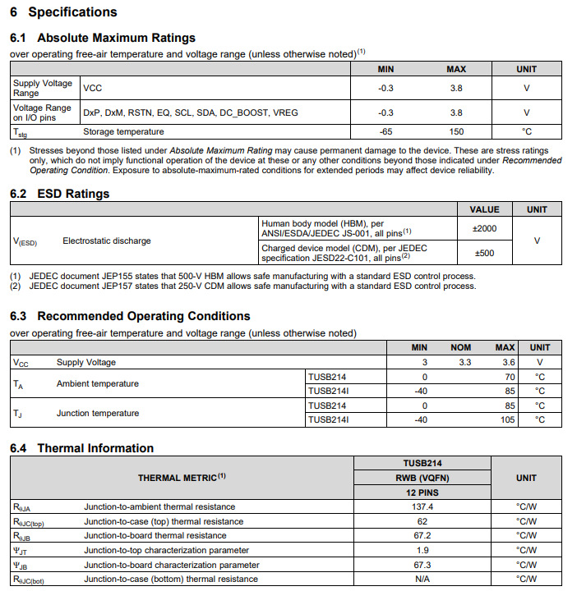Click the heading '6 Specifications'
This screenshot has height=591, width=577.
pos(63,12)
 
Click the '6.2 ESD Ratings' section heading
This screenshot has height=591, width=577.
pos(59,194)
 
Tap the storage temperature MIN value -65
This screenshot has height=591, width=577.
pos(385,131)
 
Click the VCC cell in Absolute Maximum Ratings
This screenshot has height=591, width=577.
pos(93,88)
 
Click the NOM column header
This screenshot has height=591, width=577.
pos(461,347)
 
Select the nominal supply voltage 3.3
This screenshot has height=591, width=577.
pos(464,362)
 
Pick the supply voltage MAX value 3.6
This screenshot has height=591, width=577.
pos(508,362)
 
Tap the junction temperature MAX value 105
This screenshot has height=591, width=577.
pos(507,419)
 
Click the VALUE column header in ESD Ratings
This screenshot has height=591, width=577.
pos(484,209)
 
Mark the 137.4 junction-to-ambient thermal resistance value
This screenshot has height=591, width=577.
pos(422,507)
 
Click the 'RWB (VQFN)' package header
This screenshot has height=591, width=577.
pos(422,478)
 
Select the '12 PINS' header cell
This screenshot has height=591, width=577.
pos(422,492)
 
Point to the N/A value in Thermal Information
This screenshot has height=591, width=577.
pos(422,580)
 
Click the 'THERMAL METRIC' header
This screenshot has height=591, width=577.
pos(182,478)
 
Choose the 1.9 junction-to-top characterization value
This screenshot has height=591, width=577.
pos(422,550)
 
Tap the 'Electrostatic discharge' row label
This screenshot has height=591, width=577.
pos(107,241)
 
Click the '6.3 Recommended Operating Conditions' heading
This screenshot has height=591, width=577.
pos(129,316)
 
